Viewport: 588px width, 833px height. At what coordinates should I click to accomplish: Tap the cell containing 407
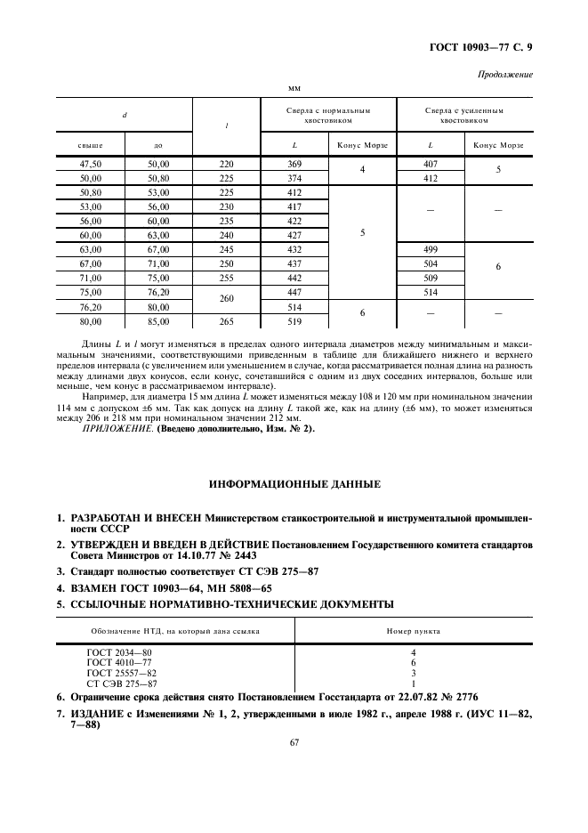(x=430, y=164)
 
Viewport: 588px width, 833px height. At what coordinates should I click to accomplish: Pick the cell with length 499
(x=430, y=250)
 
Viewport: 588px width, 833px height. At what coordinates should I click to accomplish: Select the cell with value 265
(x=226, y=321)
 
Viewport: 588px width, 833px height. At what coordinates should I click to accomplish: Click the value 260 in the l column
(x=226, y=299)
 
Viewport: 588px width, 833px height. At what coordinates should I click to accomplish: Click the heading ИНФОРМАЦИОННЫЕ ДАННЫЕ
(x=294, y=485)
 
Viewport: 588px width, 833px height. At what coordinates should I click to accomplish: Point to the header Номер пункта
(x=413, y=630)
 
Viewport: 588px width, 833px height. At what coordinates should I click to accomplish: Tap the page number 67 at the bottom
(x=294, y=743)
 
